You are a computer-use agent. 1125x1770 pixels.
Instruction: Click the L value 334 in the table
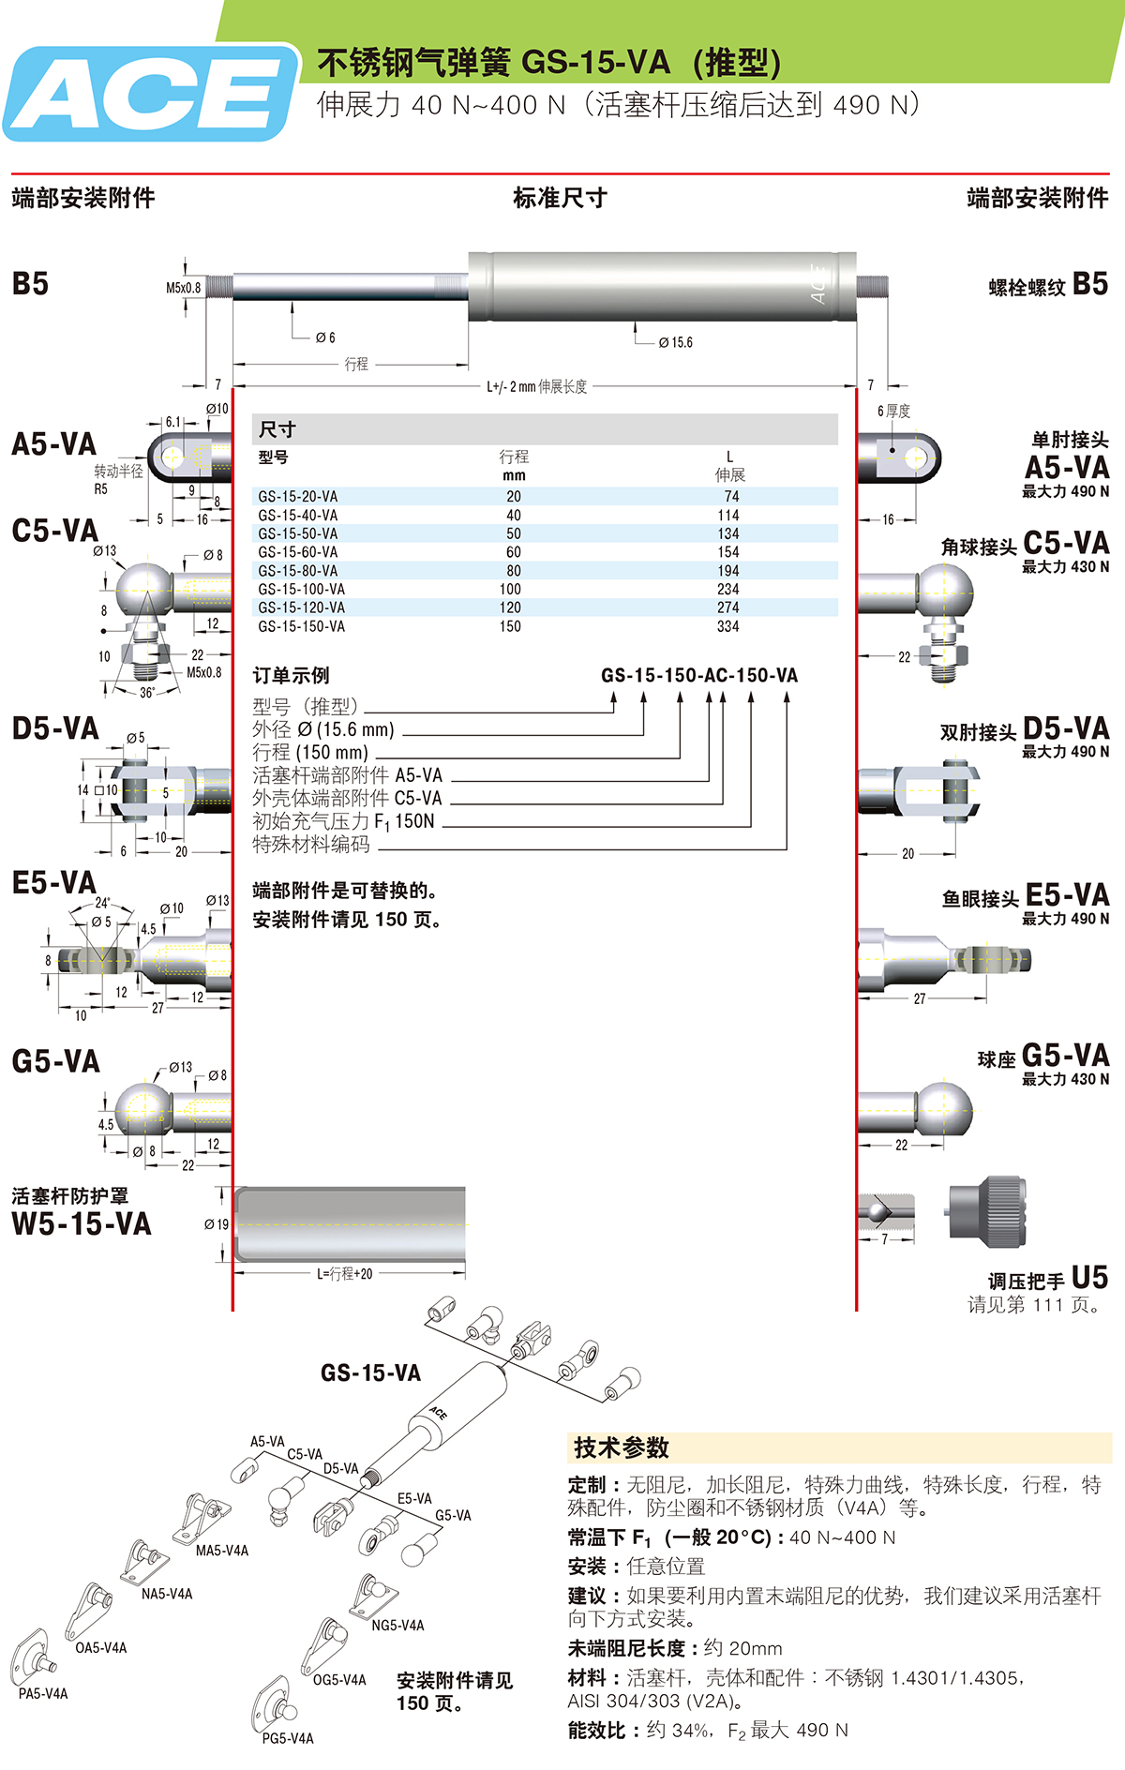pyautogui.click(x=728, y=626)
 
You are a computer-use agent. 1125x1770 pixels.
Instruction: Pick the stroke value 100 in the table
pyautogui.click(x=510, y=590)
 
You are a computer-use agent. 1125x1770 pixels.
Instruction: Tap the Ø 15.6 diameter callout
pyautogui.click(x=675, y=342)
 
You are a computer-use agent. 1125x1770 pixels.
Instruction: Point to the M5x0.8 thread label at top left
pyautogui.click(x=184, y=288)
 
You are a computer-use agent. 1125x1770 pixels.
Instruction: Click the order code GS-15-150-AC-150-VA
pyautogui.click(x=699, y=675)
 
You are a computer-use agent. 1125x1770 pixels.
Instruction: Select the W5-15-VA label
pyautogui.click(x=82, y=1223)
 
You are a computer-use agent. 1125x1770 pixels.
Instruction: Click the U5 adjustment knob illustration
pyautogui.click(x=986, y=1210)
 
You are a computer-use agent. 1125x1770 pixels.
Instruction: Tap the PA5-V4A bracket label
pyautogui.click(x=43, y=1694)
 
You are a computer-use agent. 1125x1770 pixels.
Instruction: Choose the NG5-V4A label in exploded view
pyautogui.click(x=397, y=1626)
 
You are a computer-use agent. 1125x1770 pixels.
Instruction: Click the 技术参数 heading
pyautogui.click(x=622, y=1447)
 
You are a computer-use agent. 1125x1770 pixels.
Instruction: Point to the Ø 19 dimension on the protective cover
pyautogui.click(x=217, y=1224)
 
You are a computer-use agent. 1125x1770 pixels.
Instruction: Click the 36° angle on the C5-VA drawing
pyautogui.click(x=148, y=693)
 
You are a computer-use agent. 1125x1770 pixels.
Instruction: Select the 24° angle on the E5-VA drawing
pyautogui.click(x=103, y=903)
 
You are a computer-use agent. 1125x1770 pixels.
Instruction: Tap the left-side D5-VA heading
pyautogui.click(x=55, y=728)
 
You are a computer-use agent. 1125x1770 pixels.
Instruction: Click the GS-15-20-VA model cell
pyautogui.click(x=297, y=497)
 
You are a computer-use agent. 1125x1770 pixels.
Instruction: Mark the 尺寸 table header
pyautogui.click(x=277, y=429)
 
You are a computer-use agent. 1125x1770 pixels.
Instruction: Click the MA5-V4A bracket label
pyautogui.click(x=222, y=1551)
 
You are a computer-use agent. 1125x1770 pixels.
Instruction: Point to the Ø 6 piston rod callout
pyautogui.click(x=325, y=337)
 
